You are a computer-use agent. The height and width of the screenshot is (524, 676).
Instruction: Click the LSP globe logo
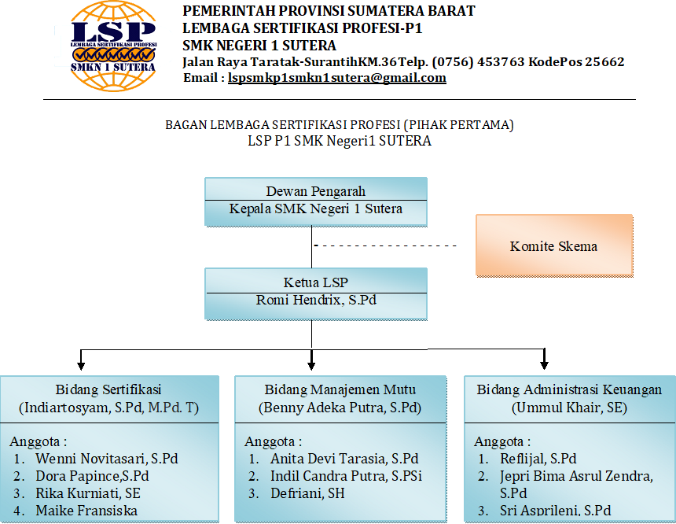click(x=113, y=46)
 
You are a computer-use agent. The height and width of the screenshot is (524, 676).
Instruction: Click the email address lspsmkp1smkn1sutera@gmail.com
click(x=336, y=78)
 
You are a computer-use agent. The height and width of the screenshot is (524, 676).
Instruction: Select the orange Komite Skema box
click(x=554, y=245)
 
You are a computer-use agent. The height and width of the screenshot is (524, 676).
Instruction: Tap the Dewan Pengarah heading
click(x=315, y=190)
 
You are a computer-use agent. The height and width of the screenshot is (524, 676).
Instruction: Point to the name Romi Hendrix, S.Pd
click(x=316, y=300)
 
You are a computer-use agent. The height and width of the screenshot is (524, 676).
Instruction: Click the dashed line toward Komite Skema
click(x=385, y=245)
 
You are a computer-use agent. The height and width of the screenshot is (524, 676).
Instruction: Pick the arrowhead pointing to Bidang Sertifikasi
click(x=81, y=366)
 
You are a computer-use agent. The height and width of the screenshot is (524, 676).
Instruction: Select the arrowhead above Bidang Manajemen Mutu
click(x=311, y=366)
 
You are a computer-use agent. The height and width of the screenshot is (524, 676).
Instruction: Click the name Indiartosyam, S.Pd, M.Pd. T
click(x=108, y=408)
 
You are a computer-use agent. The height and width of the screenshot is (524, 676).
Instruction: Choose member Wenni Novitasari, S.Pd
click(x=107, y=459)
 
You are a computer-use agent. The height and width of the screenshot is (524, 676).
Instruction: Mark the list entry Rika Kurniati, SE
click(x=88, y=493)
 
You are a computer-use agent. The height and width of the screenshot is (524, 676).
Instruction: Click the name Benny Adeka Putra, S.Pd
click(x=340, y=408)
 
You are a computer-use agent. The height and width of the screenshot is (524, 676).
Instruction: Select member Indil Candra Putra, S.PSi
click(x=346, y=476)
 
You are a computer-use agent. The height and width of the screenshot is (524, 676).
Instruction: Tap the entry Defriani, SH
click(x=308, y=493)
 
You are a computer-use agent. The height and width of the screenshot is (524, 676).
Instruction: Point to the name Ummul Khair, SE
click(x=569, y=408)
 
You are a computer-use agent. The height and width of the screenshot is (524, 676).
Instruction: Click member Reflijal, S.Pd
click(x=538, y=459)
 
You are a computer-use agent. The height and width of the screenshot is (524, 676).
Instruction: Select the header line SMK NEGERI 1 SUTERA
click(x=259, y=46)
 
